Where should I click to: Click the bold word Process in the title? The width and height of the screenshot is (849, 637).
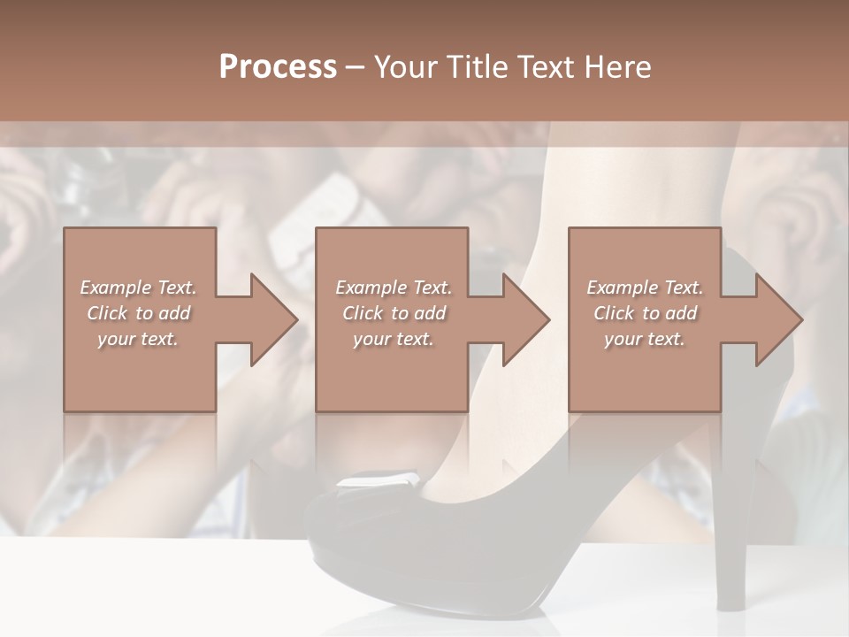(278, 67)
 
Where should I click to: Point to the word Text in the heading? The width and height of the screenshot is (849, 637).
(545, 67)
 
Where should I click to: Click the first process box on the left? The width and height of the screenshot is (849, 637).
(140, 372)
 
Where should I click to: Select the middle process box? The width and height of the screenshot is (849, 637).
(392, 372)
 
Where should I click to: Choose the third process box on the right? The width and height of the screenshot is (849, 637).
(644, 372)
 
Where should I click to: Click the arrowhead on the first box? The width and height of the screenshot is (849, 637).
(273, 319)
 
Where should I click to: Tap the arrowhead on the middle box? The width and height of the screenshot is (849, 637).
(525, 319)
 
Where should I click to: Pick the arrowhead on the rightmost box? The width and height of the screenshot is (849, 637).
(778, 319)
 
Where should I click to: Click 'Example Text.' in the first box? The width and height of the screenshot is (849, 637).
(139, 288)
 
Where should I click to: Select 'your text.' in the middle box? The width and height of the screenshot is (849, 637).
(394, 339)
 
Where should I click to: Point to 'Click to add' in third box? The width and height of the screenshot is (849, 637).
(646, 313)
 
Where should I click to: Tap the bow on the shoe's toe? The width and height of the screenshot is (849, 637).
(376, 483)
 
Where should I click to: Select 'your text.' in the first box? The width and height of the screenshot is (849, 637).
(139, 339)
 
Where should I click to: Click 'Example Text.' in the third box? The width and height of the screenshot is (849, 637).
(646, 288)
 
